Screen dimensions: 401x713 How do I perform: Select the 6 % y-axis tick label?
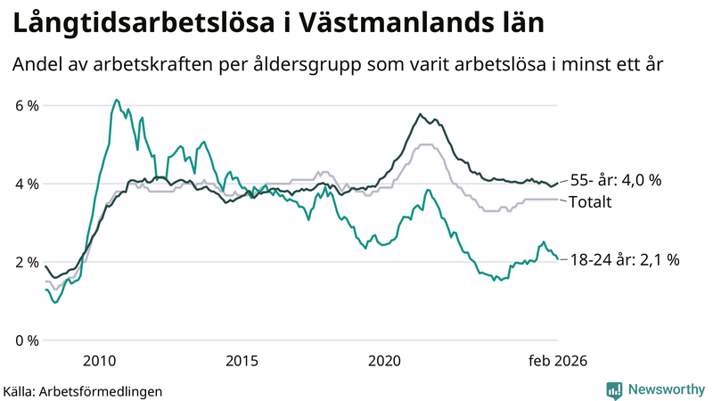[x=27, y=105]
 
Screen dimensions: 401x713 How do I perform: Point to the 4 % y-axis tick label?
[x=27, y=184]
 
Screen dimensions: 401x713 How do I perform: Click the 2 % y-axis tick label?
[x=27, y=262]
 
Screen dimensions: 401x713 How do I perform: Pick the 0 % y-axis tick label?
[x=27, y=340]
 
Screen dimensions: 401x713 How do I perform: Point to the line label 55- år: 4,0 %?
[x=615, y=180]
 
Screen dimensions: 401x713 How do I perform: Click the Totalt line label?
[x=589, y=202]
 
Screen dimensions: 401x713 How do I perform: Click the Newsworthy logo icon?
[x=614, y=389]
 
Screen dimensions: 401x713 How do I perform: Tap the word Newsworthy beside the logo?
[x=664, y=389]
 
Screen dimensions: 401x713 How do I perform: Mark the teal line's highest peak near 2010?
[x=116, y=100]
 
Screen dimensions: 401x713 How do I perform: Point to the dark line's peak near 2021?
[x=420, y=114]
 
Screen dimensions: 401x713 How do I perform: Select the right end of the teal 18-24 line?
[x=557, y=259]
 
